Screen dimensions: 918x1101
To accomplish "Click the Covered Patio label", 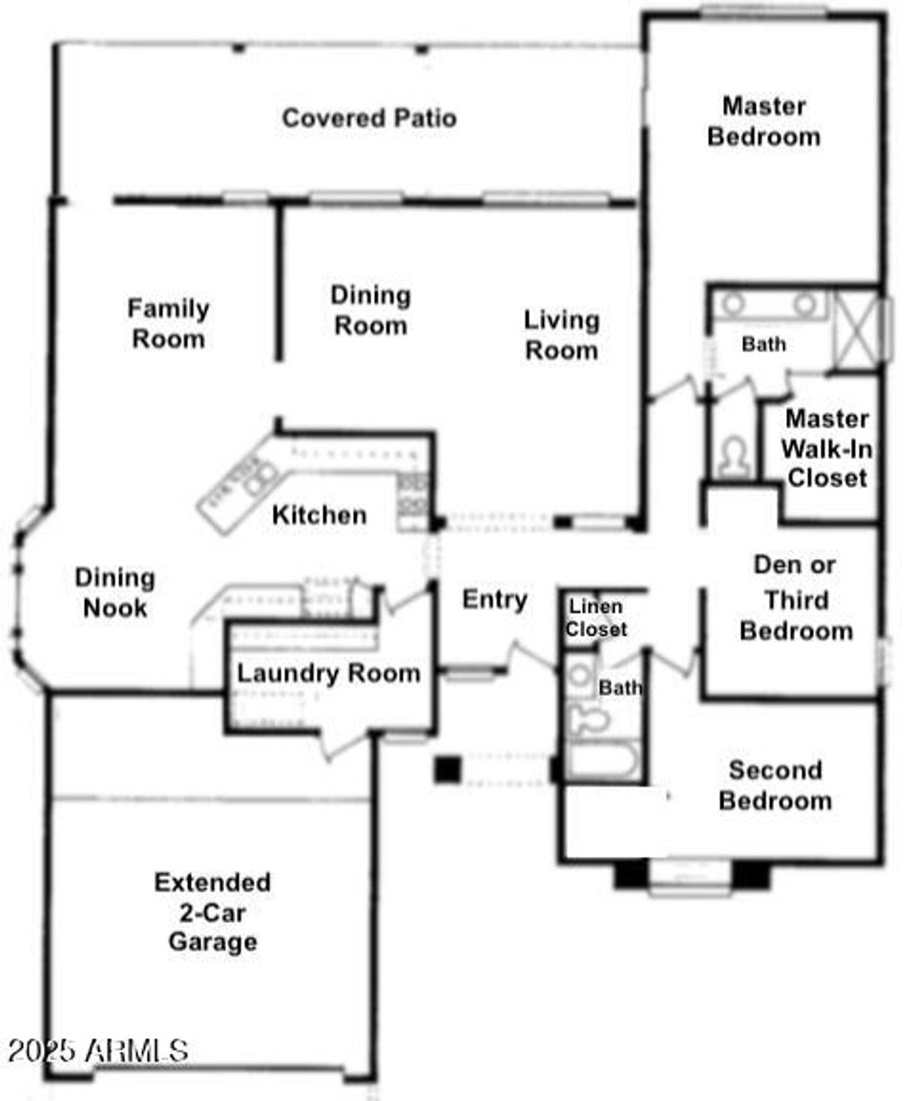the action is click(x=369, y=118).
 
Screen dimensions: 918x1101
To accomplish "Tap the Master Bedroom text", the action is click(x=764, y=122).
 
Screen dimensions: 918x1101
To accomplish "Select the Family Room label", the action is click(x=169, y=324).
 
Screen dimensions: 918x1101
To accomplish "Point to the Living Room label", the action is click(x=562, y=335).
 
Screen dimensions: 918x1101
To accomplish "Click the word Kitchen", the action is click(x=319, y=515).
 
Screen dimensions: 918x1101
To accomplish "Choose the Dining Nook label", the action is click(x=115, y=593).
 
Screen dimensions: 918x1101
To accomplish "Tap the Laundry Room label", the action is click(x=328, y=673).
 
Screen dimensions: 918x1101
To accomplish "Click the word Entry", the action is click(x=495, y=600).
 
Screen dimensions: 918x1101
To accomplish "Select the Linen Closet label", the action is click(x=596, y=618).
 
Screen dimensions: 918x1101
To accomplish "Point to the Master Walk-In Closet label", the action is click(x=827, y=448).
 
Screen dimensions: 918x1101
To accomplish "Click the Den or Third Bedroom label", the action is click(x=796, y=598).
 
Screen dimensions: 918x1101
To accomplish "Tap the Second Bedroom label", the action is click(x=775, y=785).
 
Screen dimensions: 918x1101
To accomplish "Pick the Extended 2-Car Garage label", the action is click(x=212, y=912).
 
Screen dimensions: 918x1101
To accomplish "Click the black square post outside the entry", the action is click(x=447, y=769).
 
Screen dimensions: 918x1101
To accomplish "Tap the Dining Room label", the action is click(x=370, y=310).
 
